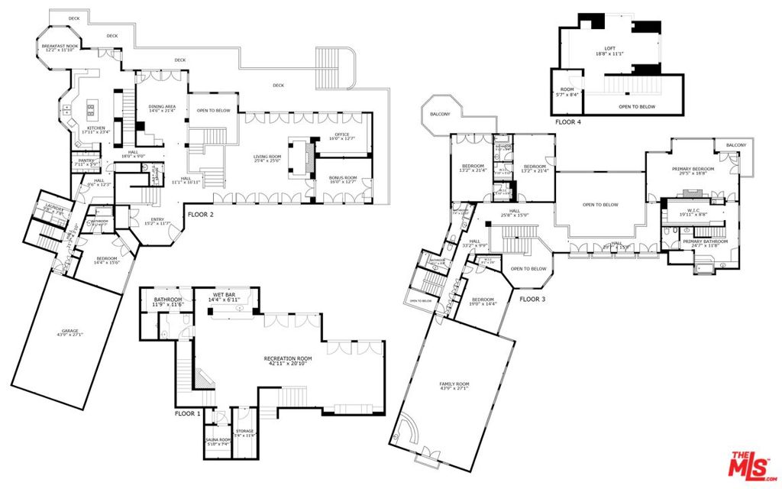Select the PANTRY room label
(x=86, y=162)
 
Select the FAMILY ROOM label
(x=454, y=386)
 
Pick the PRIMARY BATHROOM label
(x=695, y=243)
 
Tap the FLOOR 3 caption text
(x=532, y=299)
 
